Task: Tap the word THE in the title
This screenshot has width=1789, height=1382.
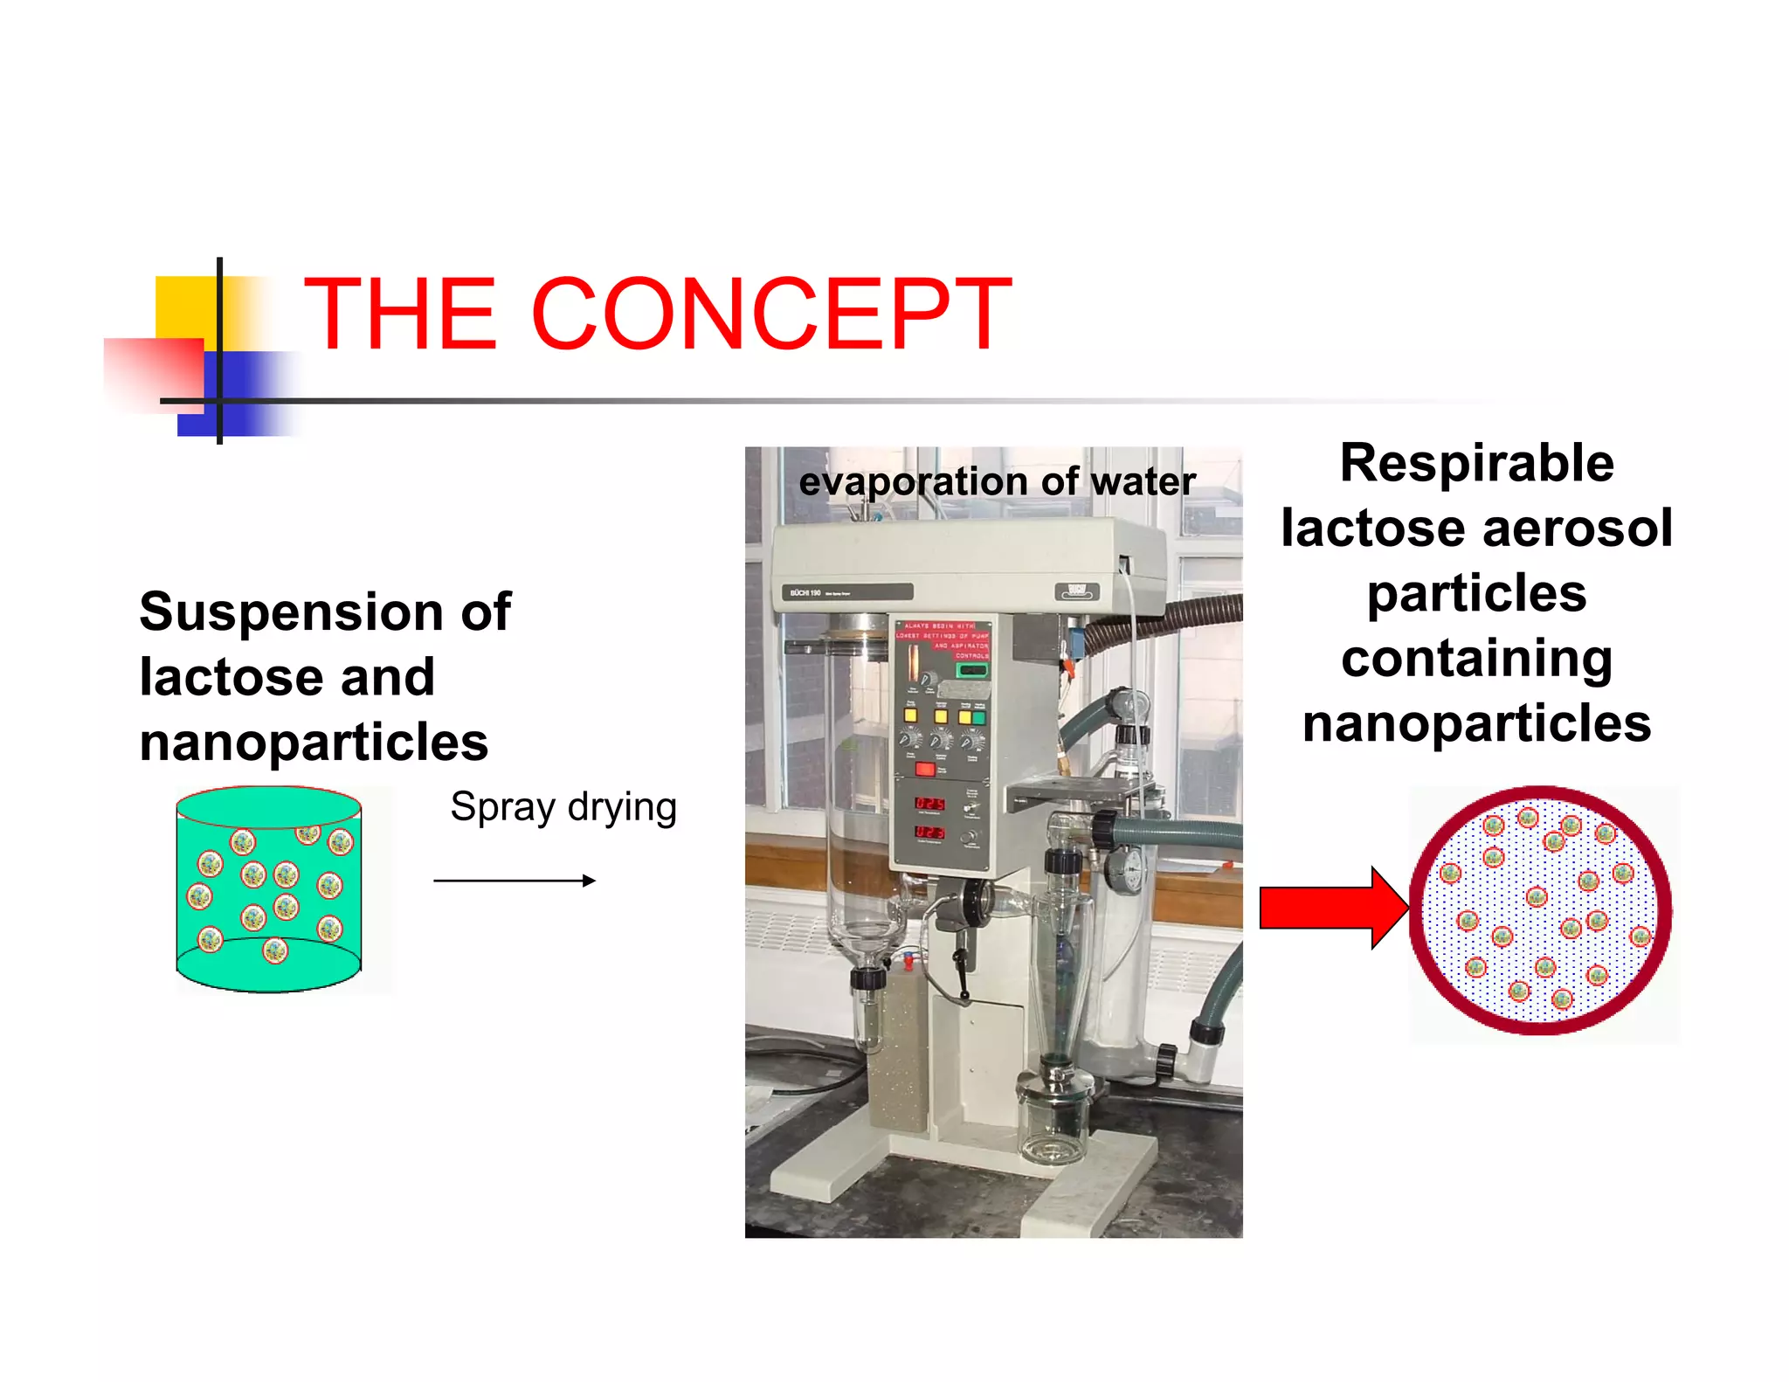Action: (401, 314)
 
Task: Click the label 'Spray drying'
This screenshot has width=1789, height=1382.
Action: (563, 807)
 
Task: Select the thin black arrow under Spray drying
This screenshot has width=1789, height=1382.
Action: (514, 881)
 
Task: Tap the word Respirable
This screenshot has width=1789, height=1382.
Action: (1476, 463)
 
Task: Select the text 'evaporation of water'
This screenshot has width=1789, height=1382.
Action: (997, 482)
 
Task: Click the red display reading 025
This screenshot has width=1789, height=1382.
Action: (929, 803)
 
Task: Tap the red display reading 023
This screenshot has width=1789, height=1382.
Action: (928, 832)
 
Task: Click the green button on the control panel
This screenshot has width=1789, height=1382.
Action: (978, 717)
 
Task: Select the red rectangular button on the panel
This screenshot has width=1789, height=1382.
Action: (925, 770)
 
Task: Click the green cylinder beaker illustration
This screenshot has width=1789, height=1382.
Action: (268, 889)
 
